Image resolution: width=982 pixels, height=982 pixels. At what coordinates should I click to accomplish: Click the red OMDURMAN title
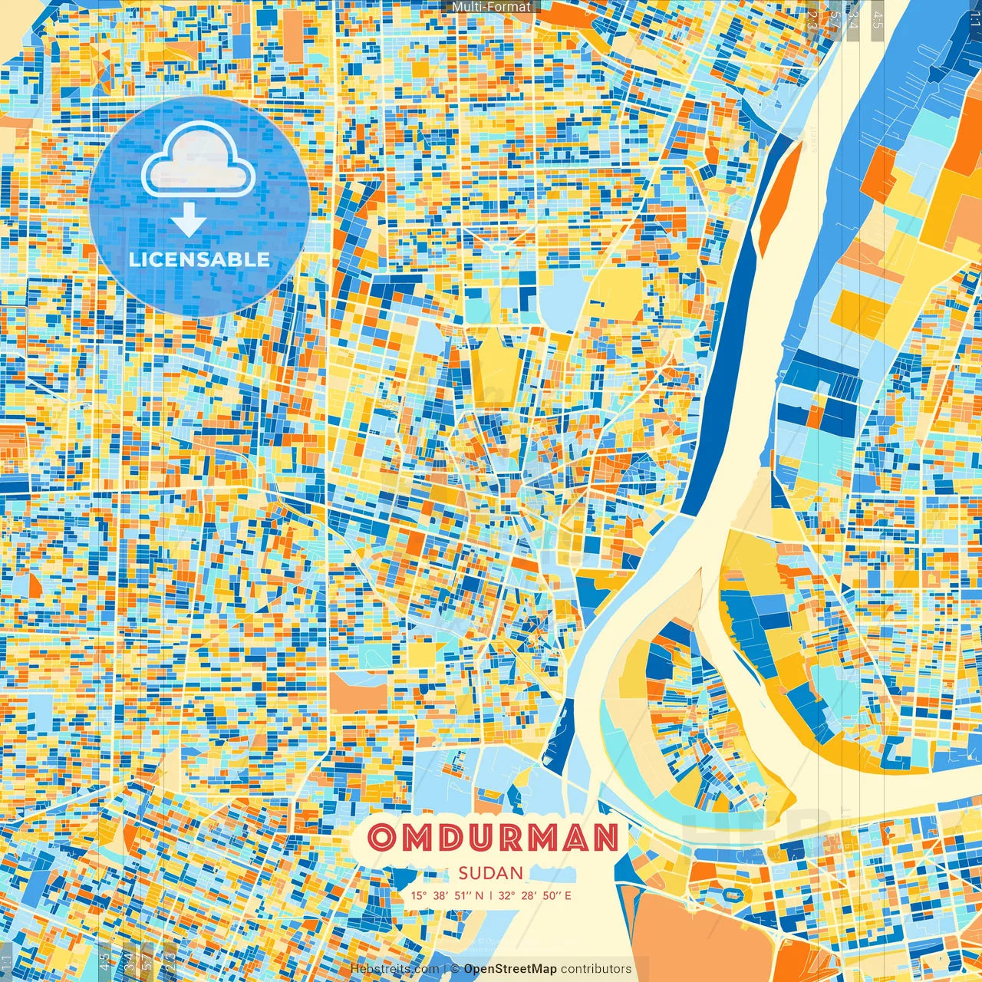493,839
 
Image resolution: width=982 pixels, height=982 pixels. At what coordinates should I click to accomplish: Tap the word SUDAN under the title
491,873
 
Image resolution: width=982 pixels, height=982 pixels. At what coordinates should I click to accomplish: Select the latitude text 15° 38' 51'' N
447,895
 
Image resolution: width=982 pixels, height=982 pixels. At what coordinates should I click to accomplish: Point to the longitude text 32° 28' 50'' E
535,895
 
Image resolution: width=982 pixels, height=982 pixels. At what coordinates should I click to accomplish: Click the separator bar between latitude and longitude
491,895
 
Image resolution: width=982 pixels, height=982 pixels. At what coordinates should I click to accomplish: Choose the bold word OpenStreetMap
510,969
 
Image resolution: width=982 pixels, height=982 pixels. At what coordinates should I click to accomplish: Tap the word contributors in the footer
596,969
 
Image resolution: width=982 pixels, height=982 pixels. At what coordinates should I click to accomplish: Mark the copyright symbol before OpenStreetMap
455,969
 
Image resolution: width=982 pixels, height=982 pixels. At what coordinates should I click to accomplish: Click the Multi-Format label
491,7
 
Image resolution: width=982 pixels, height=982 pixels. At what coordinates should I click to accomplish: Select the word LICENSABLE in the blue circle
199,259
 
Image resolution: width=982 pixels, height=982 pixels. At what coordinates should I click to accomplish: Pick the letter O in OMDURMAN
381,839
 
